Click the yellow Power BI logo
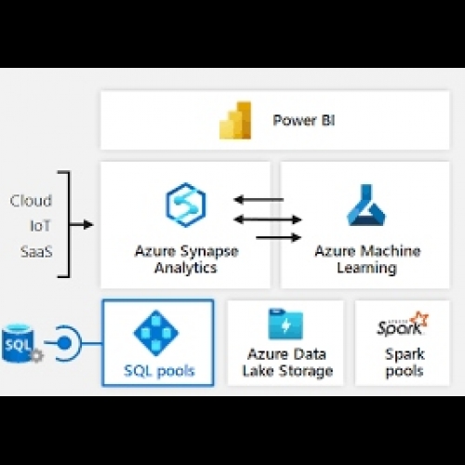(235, 120)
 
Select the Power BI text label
(304, 120)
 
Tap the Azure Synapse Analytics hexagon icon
(186, 205)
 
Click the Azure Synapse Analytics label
(187, 259)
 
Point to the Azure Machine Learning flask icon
(366, 205)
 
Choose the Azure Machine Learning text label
(367, 259)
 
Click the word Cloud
(31, 201)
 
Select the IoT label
(40, 226)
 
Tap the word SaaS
(36, 251)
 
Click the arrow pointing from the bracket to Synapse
(81, 224)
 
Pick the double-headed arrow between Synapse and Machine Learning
(268, 219)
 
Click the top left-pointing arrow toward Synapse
(259, 200)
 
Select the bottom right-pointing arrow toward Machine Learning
(279, 238)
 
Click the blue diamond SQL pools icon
(156, 333)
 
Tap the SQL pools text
(159, 371)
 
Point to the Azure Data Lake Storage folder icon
(286, 324)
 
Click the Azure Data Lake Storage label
(287, 363)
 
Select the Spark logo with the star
(403, 324)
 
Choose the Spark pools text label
(405, 363)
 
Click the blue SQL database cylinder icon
(18, 343)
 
